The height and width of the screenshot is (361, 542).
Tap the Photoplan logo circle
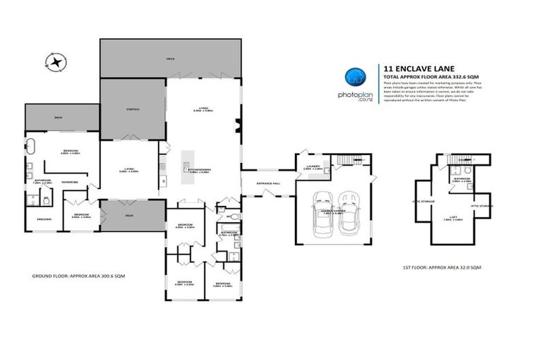pos(356,78)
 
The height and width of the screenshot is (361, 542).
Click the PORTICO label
pos(133,110)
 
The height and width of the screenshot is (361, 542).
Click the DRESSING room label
pos(43,219)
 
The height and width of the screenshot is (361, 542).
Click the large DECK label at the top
pos(169,59)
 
